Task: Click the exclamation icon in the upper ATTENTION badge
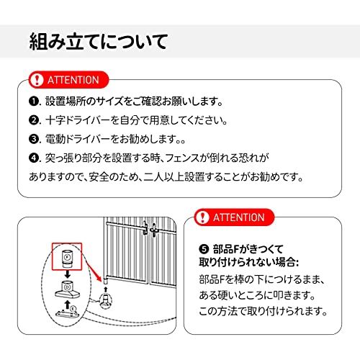(x=36, y=80)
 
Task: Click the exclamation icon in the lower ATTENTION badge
(x=202, y=217)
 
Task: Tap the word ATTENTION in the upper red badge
(x=73, y=80)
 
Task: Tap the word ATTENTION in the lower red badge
(x=239, y=217)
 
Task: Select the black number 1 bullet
(x=34, y=102)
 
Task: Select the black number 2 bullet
(x=34, y=120)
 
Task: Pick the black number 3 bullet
(x=34, y=139)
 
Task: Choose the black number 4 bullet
(x=34, y=158)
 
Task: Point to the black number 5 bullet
(x=204, y=249)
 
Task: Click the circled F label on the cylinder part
(x=67, y=257)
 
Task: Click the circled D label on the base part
(x=67, y=287)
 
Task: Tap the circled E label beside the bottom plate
(x=73, y=308)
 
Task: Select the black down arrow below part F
(x=68, y=274)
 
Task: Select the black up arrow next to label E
(x=68, y=305)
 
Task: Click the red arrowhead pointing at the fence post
(x=99, y=277)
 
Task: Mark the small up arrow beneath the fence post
(x=106, y=289)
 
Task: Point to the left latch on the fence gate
(x=145, y=228)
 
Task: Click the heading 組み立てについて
(x=99, y=42)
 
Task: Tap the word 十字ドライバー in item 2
(x=77, y=120)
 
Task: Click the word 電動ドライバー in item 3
(x=77, y=139)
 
